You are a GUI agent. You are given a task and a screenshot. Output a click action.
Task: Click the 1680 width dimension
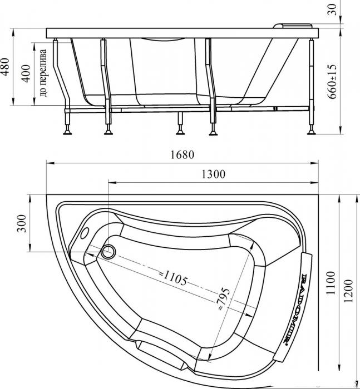tap(182, 155)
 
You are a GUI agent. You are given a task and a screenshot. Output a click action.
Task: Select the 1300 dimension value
tap(214, 174)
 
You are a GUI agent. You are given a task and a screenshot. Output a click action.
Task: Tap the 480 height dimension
tap(5, 67)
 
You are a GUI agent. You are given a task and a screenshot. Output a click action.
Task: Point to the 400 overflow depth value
tap(26, 73)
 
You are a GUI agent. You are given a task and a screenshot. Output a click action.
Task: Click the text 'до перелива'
tap(43, 73)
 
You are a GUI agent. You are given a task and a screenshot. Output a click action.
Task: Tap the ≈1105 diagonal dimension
tap(173, 278)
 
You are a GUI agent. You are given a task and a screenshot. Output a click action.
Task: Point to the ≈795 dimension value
tap(224, 299)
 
